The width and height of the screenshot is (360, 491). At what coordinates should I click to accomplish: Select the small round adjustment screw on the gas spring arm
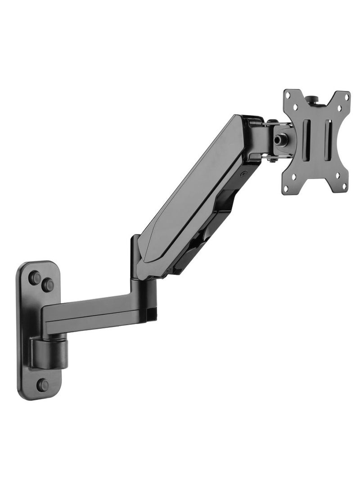point(243,172)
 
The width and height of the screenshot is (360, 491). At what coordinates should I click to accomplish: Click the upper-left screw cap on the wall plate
point(34,278)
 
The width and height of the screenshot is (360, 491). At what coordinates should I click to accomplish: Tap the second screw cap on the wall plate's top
point(48,284)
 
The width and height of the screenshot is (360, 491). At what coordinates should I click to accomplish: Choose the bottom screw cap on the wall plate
point(43,385)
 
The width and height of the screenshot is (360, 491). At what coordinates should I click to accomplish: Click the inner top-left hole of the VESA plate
point(296,106)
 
